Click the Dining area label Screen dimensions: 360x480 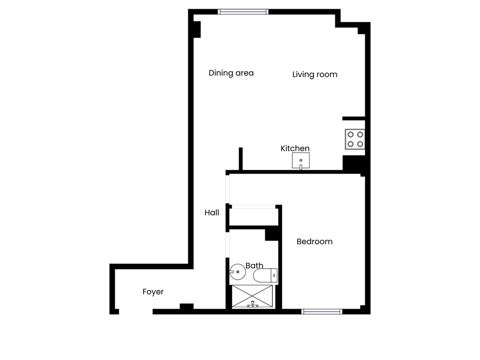point(231,73)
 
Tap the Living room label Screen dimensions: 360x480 point(315,75)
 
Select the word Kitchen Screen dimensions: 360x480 point(295,149)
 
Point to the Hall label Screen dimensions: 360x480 point(211,212)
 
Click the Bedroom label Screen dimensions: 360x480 point(314,241)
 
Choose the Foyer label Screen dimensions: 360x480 point(153,292)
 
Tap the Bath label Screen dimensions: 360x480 point(254,266)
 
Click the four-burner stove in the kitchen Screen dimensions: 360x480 point(355,139)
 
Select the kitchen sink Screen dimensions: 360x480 point(300,161)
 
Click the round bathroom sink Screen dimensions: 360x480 point(237,272)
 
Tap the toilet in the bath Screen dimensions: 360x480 point(265,275)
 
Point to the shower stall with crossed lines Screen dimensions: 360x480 point(253,297)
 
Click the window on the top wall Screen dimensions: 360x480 point(242,12)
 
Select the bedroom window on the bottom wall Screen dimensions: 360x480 point(322,311)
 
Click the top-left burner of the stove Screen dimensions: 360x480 point(350,134)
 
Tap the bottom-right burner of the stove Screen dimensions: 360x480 point(360,144)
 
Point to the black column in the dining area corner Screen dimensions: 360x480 point(196,29)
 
